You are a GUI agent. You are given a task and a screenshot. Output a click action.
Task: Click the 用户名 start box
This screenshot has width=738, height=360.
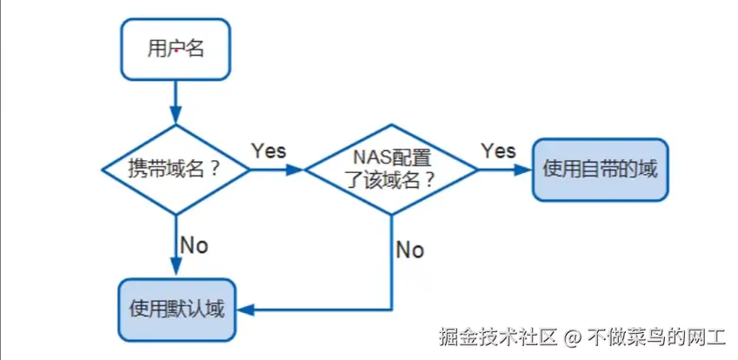tap(176, 49)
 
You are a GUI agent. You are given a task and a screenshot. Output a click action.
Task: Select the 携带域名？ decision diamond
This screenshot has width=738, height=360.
tap(176, 169)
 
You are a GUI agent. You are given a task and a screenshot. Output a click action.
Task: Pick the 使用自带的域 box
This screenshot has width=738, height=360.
tap(600, 169)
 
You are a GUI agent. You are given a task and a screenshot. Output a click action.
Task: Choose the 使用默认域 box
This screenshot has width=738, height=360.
tap(176, 310)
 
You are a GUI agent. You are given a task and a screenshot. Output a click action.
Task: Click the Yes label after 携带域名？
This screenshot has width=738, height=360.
tap(269, 150)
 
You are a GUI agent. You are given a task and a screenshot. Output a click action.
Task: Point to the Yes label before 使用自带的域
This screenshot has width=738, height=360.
tap(498, 150)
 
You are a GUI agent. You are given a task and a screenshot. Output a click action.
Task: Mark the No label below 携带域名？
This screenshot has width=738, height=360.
tap(194, 245)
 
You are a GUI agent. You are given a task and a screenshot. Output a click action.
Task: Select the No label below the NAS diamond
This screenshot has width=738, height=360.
tap(409, 250)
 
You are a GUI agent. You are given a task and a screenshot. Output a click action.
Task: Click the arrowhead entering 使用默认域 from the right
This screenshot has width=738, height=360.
tap(243, 310)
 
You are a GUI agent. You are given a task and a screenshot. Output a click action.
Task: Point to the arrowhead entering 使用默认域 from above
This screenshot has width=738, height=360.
tap(176, 270)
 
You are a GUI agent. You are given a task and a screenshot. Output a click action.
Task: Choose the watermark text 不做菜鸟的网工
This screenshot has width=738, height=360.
tap(657, 336)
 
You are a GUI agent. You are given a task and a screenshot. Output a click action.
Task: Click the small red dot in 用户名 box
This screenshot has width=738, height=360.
tap(176, 51)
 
